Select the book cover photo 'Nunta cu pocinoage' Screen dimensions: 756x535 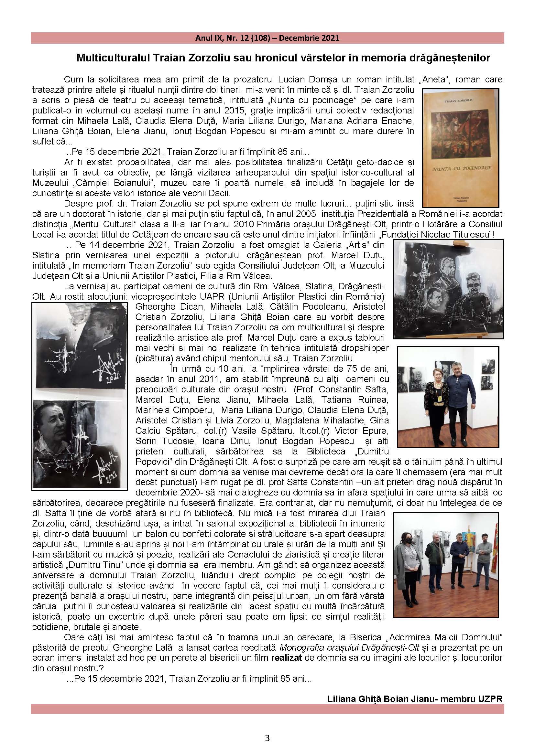pyautogui.click(x=461, y=148)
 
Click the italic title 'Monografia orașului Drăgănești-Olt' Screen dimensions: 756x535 pyautogui.click(x=349, y=648)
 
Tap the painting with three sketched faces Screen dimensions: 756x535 pyautogui.click(x=449, y=289)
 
